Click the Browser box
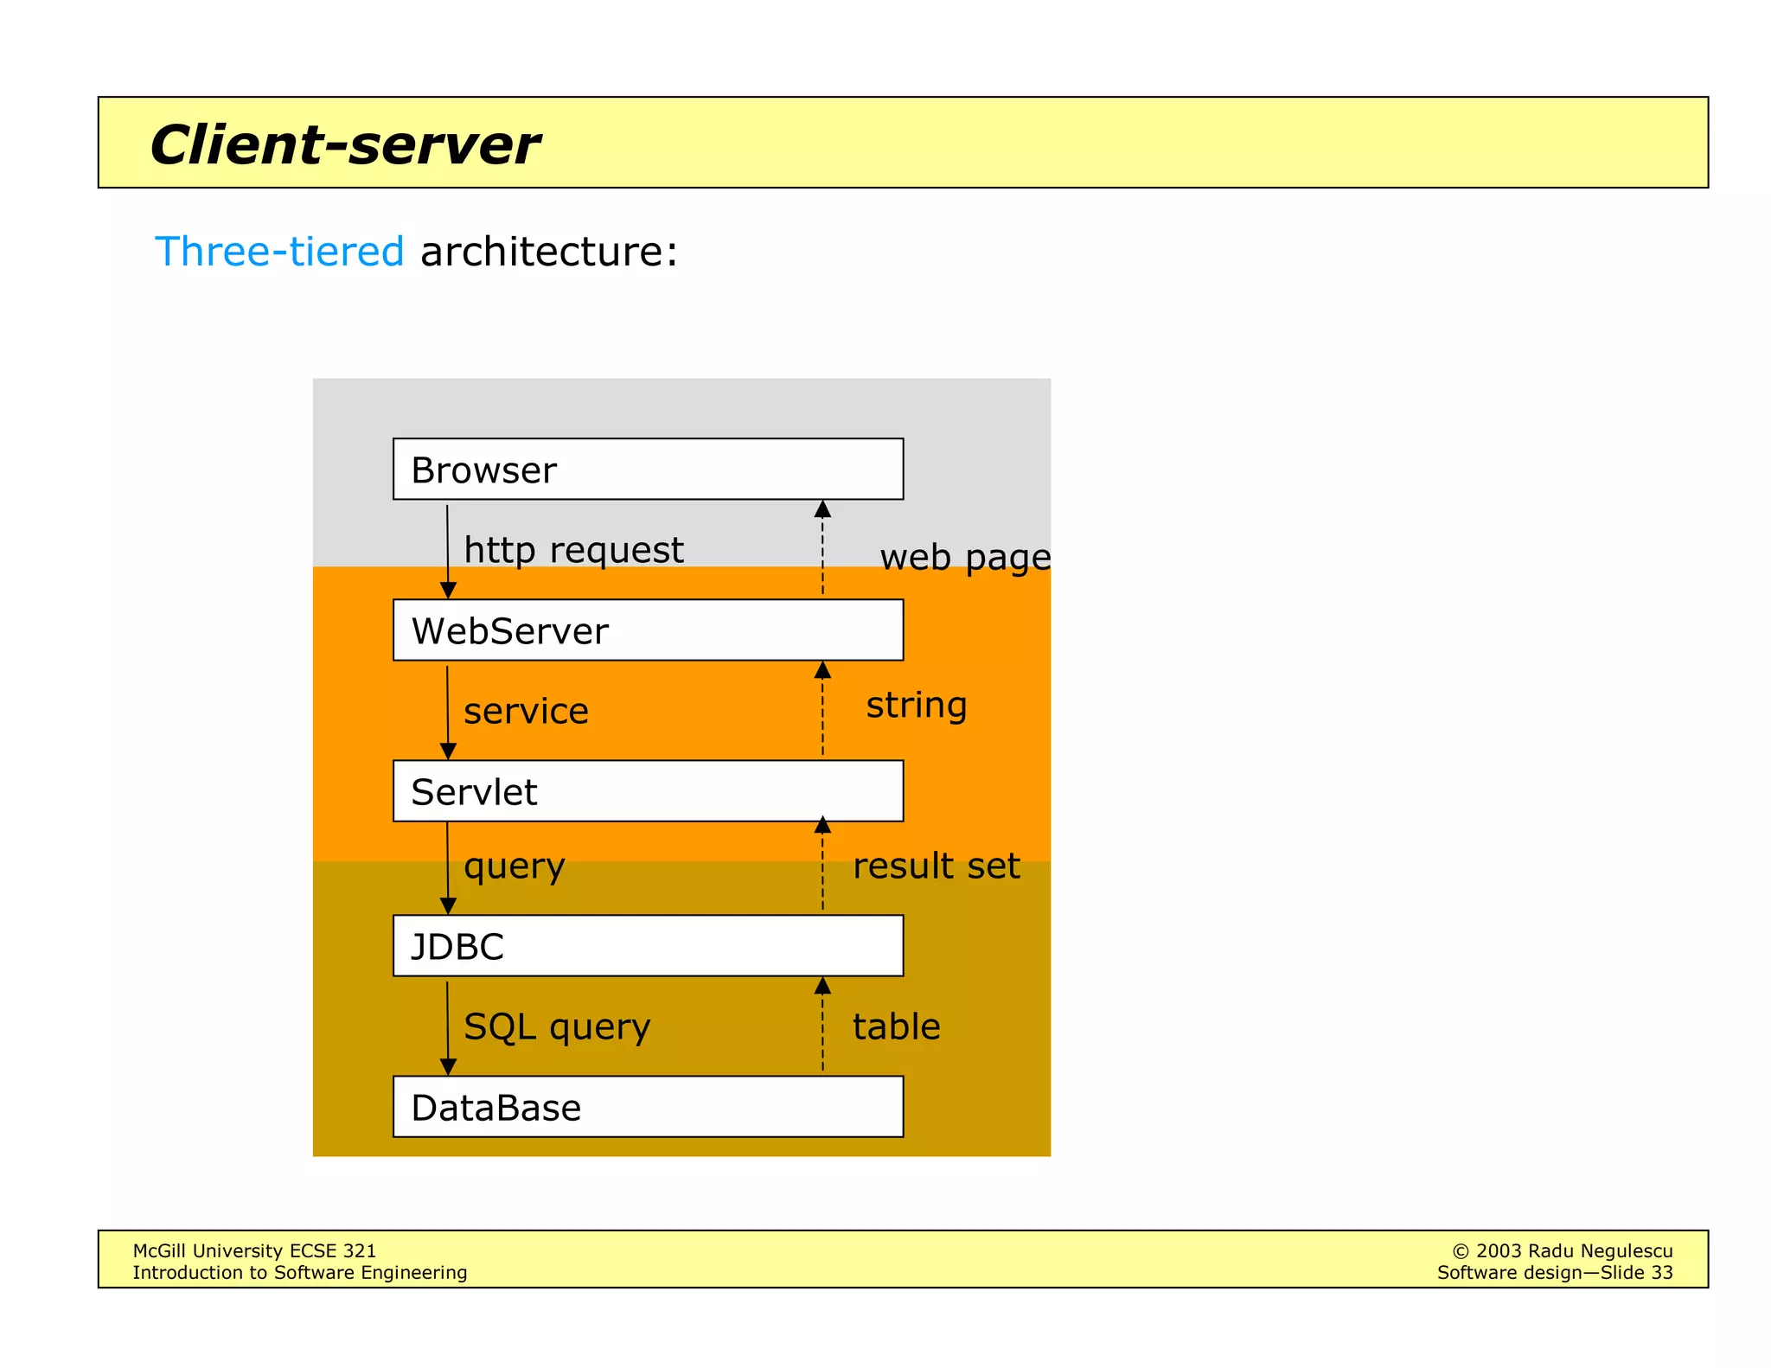pos(648,469)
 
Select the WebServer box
pos(648,630)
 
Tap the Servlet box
pos(648,790)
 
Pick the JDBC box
pos(648,945)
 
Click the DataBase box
pos(648,1106)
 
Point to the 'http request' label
pos(573,551)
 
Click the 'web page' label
pos(964,558)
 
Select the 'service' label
pos(526,712)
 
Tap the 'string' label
pos(916,705)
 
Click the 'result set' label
pos(936,866)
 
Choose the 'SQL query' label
pos(557,1027)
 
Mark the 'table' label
pos(896,1027)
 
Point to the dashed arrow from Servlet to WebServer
pos(822,709)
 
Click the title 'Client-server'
pos(344,144)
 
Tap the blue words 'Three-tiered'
pos(279,252)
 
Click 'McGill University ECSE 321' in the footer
pos(254,1250)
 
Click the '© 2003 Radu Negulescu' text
pos(1562,1250)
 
